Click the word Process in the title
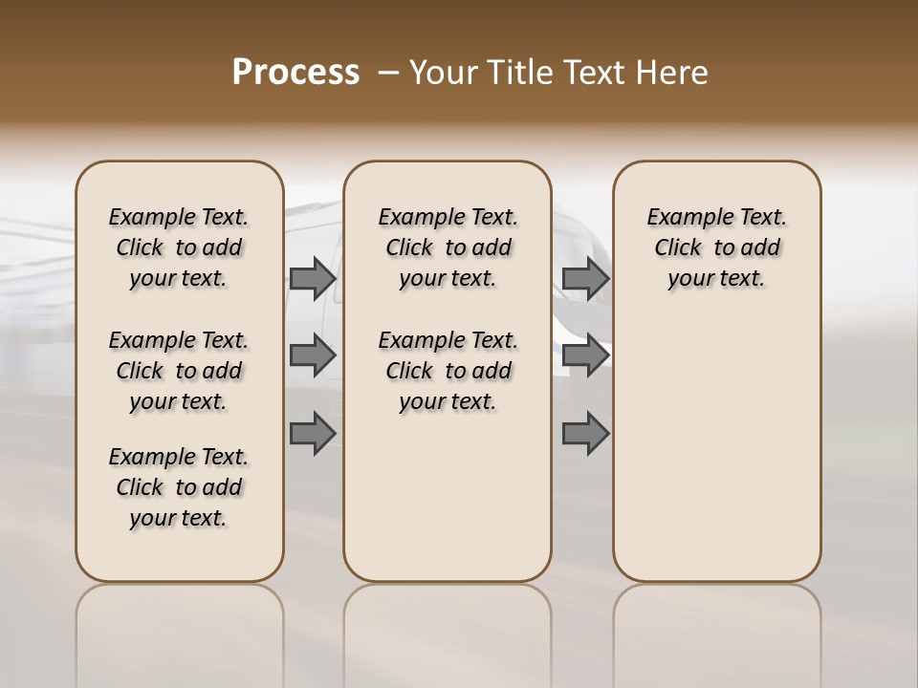(295, 73)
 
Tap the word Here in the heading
(673, 73)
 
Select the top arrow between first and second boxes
(313, 279)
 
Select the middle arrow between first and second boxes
(313, 355)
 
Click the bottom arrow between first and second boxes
(313, 433)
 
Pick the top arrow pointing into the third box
(585, 279)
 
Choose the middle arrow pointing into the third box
(585, 355)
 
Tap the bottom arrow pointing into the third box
(585, 433)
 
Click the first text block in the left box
(179, 247)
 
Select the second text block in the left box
(179, 371)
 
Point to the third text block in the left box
(179, 487)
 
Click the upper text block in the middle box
(448, 247)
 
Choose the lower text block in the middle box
(448, 371)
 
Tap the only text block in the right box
(716, 247)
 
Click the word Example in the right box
(686, 218)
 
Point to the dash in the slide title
(388, 73)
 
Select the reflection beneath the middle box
(448, 631)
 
